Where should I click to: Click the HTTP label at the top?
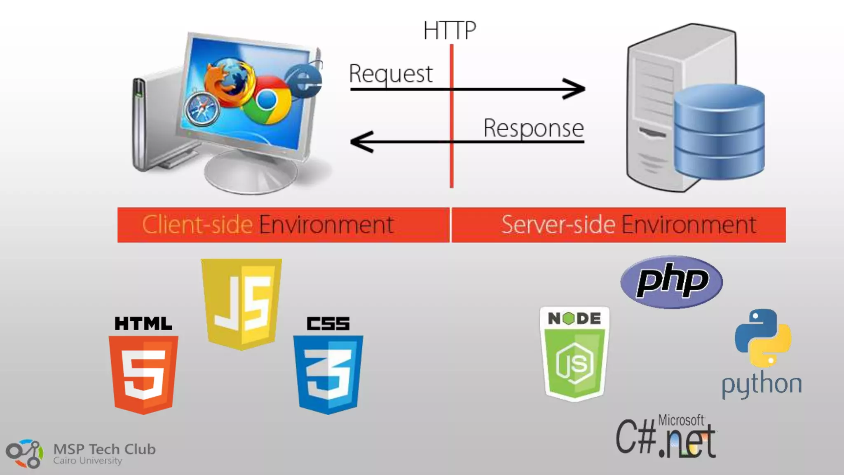[450, 30]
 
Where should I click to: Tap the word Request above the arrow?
[391, 74]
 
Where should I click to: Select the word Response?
[534, 128]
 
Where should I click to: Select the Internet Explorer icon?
[304, 81]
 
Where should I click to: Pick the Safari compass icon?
[202, 109]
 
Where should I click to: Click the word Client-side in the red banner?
[197, 225]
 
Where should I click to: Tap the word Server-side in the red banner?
[558, 225]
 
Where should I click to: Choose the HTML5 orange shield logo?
[143, 373]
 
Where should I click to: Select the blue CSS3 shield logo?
[328, 373]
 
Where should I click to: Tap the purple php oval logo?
[671, 282]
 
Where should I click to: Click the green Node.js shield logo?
[574, 355]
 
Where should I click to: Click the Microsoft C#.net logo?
[666, 437]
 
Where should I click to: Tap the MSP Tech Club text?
[105, 449]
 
